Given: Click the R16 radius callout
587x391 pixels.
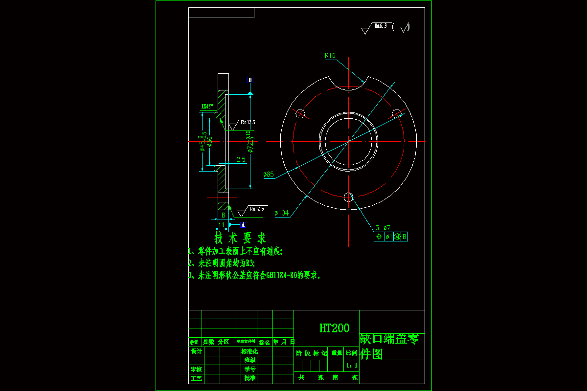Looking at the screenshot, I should tap(330, 56).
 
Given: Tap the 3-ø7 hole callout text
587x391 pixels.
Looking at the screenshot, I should tap(383, 228).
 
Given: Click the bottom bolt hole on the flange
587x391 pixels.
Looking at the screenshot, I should tap(348, 197).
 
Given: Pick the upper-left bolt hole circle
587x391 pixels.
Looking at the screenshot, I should tap(300, 114).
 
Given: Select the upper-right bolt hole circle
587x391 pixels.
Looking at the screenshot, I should tap(397, 114).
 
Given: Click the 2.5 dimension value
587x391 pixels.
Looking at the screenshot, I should tap(241, 160).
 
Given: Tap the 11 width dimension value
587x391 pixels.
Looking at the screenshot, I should tap(221, 225).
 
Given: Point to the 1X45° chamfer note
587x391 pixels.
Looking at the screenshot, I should tap(207, 106).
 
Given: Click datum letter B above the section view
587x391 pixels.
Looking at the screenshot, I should tap(250, 80).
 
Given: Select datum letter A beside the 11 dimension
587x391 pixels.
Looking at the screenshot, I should tap(243, 225).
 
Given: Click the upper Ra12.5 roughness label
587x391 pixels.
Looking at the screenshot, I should tap(248, 122).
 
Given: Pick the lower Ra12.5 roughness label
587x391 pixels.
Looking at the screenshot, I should tap(257, 209).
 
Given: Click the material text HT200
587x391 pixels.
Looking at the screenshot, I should tap(335, 328).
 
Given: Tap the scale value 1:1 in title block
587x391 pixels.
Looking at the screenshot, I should tap(352, 365).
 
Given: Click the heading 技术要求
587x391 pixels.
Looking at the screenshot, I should tap(240, 238).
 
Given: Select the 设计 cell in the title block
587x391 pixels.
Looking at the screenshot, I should tap(196, 351).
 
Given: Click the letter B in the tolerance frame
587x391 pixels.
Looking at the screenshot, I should tap(405, 237).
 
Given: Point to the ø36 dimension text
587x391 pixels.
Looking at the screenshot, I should tap(210, 141).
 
